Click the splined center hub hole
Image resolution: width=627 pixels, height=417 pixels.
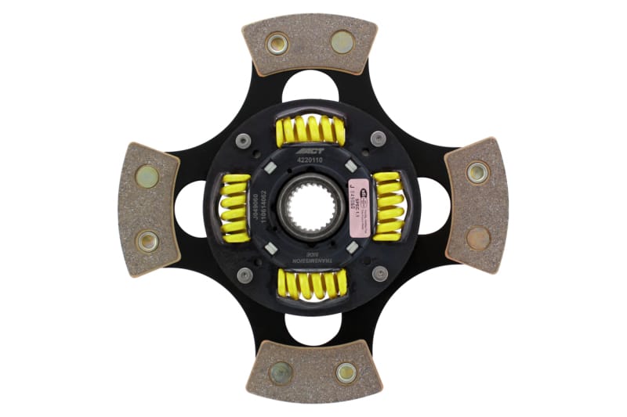pos(311,207)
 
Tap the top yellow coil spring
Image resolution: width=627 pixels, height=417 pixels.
pos(310,130)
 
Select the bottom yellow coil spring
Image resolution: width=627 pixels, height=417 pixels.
pos(311,284)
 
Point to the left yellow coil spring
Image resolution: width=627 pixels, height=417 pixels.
pos(234,207)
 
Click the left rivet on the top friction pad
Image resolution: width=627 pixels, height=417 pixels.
pos(277,42)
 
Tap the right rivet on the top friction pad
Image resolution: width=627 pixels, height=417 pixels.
pos(342,42)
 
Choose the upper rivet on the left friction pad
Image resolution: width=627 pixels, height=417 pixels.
pos(147,176)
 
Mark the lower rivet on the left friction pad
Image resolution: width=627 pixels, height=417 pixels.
pos(147,240)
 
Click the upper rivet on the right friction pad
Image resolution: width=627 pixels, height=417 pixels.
pos(477,172)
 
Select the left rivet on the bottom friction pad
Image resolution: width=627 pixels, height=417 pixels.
pos(281,372)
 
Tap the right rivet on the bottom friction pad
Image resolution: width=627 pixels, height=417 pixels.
pos(346,372)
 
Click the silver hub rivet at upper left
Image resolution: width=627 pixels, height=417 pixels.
pos(244,139)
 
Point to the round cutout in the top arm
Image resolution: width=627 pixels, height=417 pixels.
pos(311,87)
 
